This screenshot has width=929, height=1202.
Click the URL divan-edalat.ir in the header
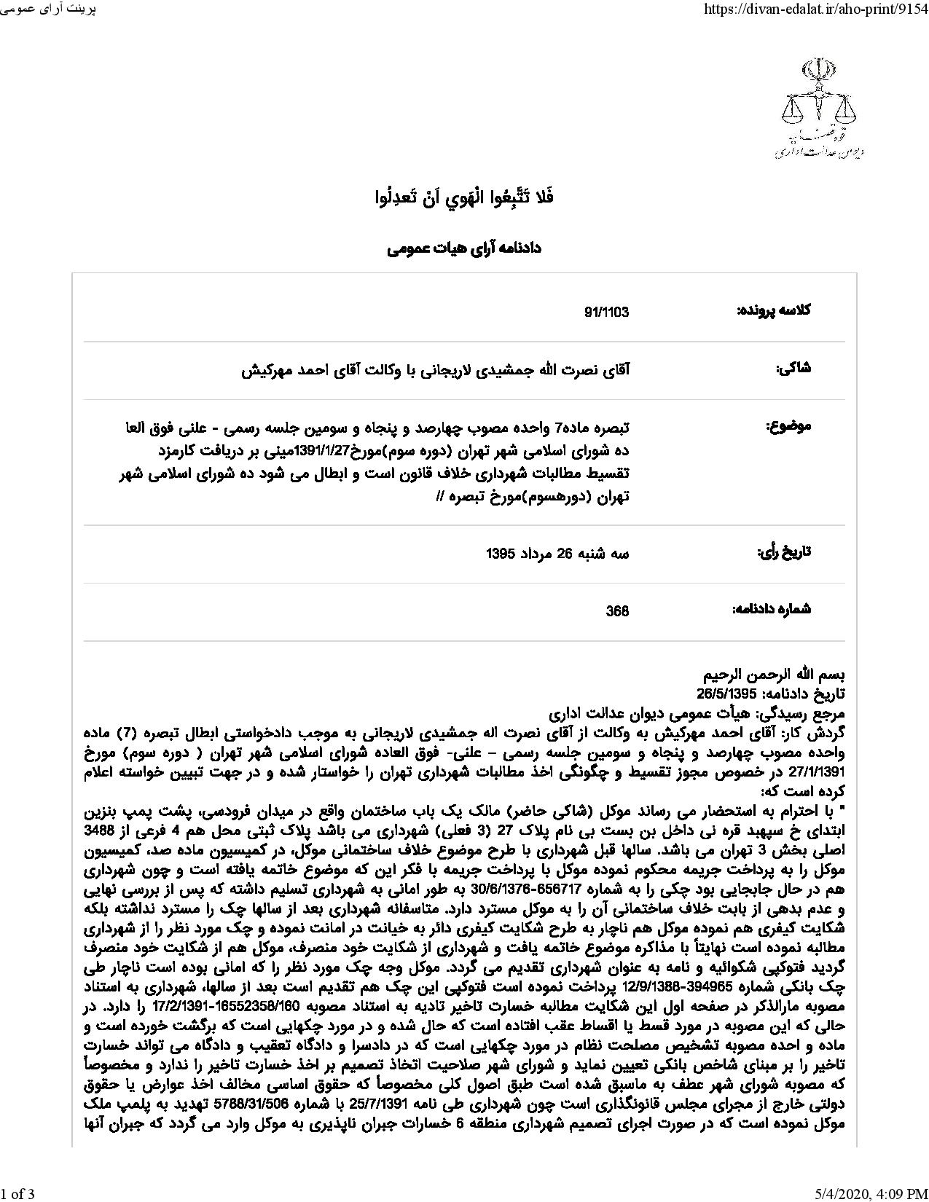810,9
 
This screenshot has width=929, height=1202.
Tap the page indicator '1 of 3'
17,1193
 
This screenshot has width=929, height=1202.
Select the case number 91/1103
606,313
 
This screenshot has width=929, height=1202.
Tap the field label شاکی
793,369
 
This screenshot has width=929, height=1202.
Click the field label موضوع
788,427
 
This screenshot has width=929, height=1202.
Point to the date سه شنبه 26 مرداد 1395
557,554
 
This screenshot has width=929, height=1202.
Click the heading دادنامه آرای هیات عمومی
464,248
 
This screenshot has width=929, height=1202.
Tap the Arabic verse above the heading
464,197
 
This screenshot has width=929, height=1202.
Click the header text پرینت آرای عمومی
48,9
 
